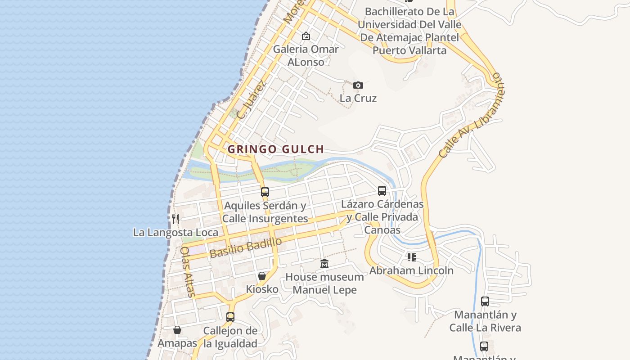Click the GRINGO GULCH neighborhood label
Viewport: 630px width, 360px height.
click(275, 149)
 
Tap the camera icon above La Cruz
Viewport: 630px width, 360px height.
click(358, 85)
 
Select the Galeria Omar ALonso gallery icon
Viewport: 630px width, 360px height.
click(306, 36)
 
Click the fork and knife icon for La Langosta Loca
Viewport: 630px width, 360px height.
click(175, 219)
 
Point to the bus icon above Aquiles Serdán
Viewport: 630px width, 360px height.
click(265, 192)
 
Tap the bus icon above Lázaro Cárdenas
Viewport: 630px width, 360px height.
click(382, 191)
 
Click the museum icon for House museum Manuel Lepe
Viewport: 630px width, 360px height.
click(324, 264)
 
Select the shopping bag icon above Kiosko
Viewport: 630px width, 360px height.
click(262, 276)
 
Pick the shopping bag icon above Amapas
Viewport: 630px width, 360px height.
click(177, 330)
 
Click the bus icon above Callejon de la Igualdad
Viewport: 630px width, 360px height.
click(230, 317)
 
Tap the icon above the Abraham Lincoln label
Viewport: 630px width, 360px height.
click(411, 257)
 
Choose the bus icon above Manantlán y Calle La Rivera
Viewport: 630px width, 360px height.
click(485, 301)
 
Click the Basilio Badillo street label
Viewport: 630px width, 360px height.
click(246, 248)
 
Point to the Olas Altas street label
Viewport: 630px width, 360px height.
click(188, 271)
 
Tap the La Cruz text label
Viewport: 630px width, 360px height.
click(358, 98)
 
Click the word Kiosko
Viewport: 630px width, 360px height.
click(262, 289)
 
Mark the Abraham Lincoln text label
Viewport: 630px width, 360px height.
click(411, 270)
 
